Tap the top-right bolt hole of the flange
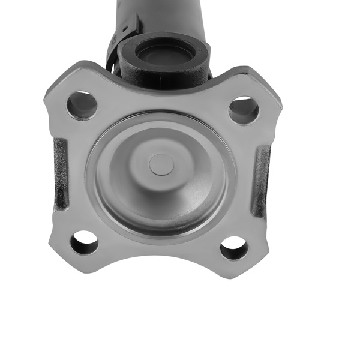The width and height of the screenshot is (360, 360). tap(244, 110)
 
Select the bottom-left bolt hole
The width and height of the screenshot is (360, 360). tap(84, 242)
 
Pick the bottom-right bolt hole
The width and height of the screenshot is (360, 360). tap(233, 248)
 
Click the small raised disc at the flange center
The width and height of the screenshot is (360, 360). tap(161, 164)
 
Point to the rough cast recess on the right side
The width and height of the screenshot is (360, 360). tap(262, 180)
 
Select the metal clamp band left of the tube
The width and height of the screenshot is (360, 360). tap(120, 42)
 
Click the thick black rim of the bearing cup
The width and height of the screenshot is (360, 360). tap(129, 57)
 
